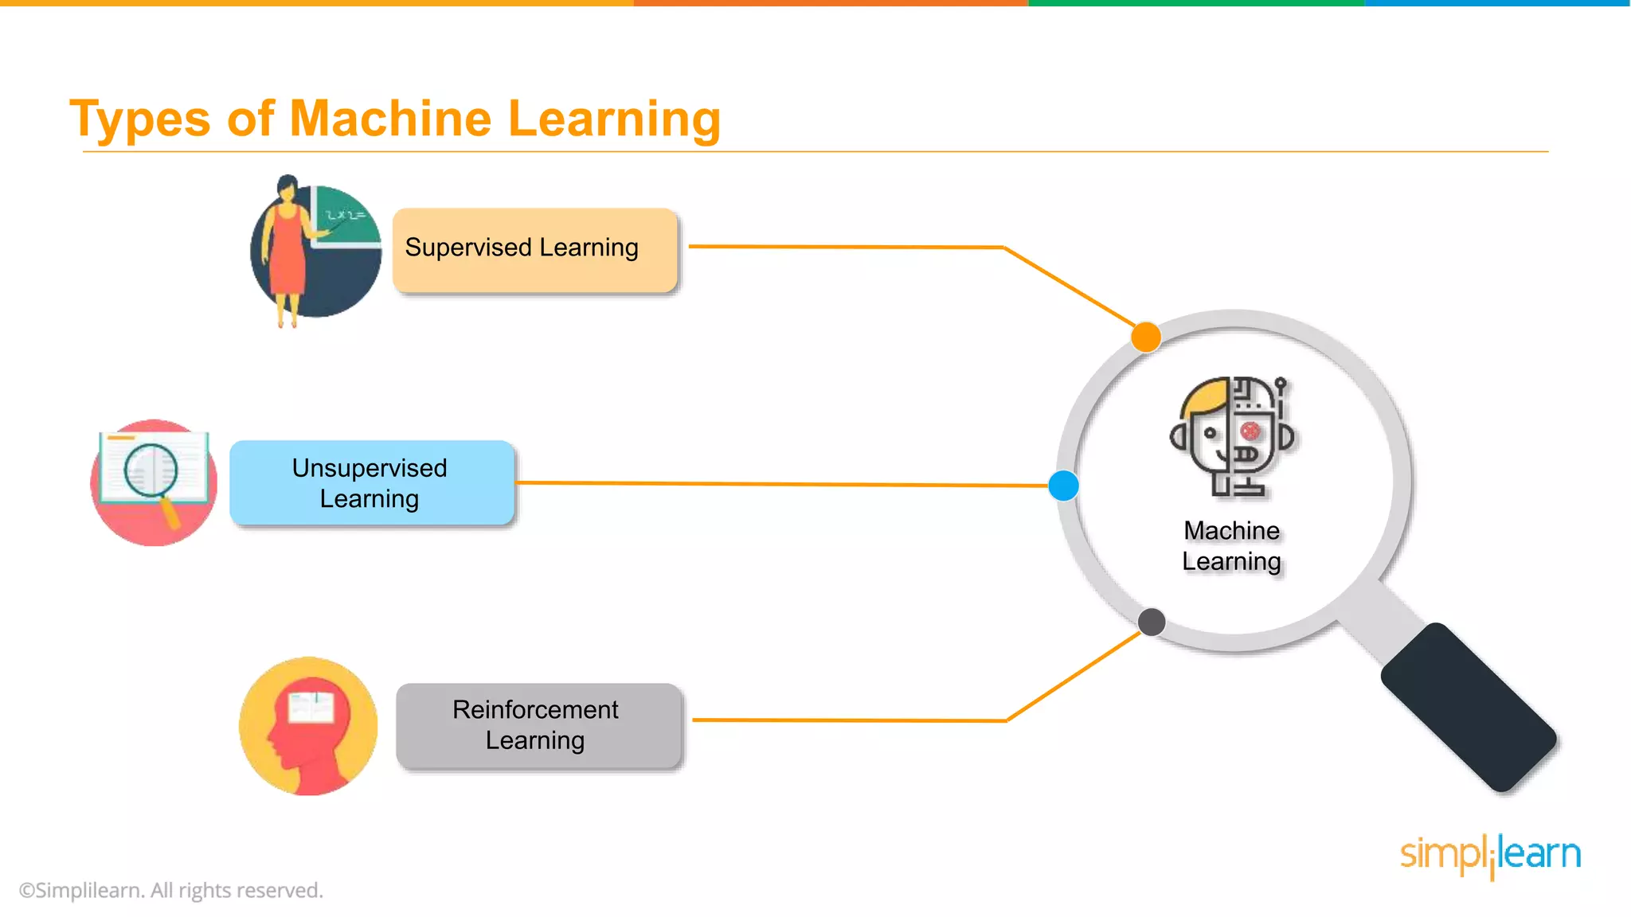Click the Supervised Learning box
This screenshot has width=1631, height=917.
pyautogui.click(x=534, y=250)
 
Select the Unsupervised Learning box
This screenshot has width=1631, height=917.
pyautogui.click(x=371, y=482)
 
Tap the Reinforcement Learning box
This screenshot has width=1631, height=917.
pyautogui.click(x=538, y=725)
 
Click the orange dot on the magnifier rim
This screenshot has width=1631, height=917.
pyautogui.click(x=1146, y=337)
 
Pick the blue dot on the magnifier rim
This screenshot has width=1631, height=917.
pyautogui.click(x=1063, y=486)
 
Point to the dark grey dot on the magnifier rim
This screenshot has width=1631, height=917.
pyautogui.click(x=1152, y=622)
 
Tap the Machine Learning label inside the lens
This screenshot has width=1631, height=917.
pyautogui.click(x=1231, y=546)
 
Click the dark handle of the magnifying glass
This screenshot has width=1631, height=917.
pyautogui.click(x=1468, y=707)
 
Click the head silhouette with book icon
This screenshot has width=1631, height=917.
pyautogui.click(x=308, y=726)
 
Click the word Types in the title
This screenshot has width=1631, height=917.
pyautogui.click(x=139, y=119)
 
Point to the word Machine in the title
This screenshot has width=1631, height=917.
pyautogui.click(x=390, y=119)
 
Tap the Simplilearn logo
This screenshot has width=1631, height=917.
pyautogui.click(x=1490, y=855)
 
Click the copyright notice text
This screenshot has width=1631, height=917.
pyautogui.click(x=171, y=890)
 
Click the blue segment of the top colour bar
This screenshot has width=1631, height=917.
pyautogui.click(x=1497, y=3)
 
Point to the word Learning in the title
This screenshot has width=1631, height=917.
pyautogui.click(x=614, y=119)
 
